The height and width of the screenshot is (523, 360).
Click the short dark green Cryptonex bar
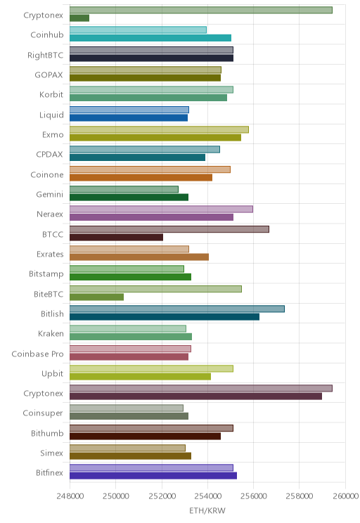point(79,18)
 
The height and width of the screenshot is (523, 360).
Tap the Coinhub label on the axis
point(46,34)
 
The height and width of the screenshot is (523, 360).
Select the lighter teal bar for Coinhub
point(138,30)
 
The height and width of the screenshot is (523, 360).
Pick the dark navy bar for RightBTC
point(151,58)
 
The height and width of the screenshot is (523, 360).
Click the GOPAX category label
point(49,75)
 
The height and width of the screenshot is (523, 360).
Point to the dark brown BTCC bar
point(117,237)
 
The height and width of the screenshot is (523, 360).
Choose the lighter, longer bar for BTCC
point(169,229)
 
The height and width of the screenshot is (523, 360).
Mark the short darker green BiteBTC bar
point(97,297)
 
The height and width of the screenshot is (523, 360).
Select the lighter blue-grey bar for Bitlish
point(177,309)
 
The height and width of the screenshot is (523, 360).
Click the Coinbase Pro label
point(37,354)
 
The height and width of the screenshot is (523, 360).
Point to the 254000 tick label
point(207,496)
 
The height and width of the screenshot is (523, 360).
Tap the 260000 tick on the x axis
point(345,496)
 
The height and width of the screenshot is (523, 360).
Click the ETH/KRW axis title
point(207,510)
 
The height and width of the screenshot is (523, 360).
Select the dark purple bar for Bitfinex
point(153,476)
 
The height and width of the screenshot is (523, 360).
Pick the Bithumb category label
point(47,433)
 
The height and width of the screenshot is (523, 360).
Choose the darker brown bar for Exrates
point(139,257)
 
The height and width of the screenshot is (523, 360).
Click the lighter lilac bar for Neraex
point(162,209)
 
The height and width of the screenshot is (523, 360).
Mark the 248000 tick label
point(70,496)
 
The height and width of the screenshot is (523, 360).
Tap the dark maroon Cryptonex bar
point(196,396)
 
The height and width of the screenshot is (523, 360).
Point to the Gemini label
point(49,194)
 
